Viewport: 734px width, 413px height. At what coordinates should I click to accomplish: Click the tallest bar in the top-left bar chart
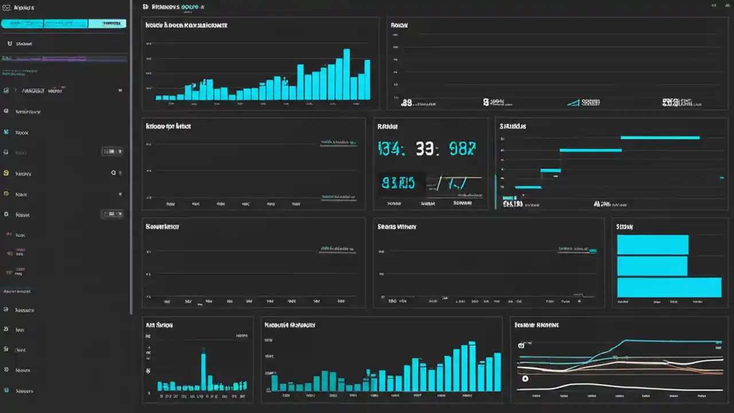[x=346, y=75]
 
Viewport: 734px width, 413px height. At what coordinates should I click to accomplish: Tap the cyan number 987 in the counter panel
[x=462, y=149]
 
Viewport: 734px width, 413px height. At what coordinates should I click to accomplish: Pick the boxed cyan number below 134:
[x=398, y=184]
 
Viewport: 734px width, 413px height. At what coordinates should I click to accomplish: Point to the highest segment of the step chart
[x=660, y=138]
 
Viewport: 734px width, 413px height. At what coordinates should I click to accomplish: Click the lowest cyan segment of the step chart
[x=528, y=187]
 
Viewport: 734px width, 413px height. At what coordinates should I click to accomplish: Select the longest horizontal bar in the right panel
[x=669, y=287]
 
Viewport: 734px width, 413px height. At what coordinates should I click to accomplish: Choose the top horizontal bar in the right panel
[x=652, y=245]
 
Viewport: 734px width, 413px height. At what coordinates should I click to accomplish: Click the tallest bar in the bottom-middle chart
[x=472, y=366]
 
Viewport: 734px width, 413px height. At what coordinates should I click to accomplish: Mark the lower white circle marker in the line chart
[x=525, y=379]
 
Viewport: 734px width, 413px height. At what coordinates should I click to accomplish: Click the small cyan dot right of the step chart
[x=722, y=178]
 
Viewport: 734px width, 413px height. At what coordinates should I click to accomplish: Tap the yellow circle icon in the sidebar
[x=6, y=173]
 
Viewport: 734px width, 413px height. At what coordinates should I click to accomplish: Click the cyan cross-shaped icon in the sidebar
[x=6, y=133]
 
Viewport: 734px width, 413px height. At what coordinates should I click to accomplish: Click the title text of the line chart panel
[x=537, y=325]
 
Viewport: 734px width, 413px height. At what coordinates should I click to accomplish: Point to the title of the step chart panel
[x=513, y=126]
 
